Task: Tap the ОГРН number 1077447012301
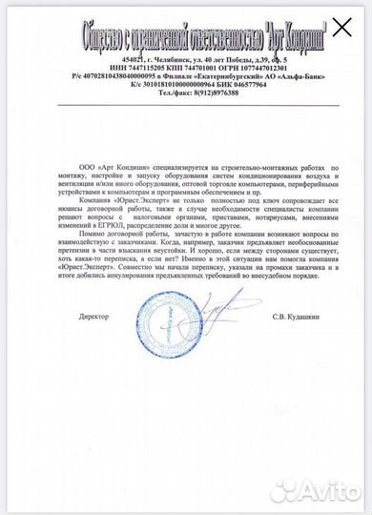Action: [251, 69]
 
